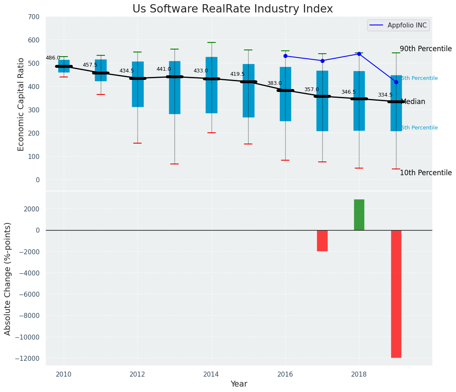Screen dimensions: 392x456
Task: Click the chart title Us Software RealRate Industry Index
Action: [x=232, y=9]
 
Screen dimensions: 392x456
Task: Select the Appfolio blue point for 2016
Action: [x=285, y=56]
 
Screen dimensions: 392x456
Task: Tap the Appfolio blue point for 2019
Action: [x=396, y=82]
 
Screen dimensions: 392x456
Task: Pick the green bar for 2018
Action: [x=359, y=215]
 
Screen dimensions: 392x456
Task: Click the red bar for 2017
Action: [x=322, y=241]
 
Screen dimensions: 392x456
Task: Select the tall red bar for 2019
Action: [x=396, y=294]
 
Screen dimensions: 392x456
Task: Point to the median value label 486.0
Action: [x=53, y=58]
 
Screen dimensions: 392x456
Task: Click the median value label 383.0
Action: [x=274, y=83]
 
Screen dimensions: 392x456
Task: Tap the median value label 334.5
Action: [x=385, y=95]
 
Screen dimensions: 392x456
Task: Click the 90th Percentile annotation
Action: [x=426, y=49]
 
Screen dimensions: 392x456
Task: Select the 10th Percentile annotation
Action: [x=426, y=173]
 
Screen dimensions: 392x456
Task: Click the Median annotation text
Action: [x=413, y=102]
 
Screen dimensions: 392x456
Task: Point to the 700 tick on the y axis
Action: [x=33, y=17]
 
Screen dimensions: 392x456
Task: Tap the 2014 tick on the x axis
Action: [x=212, y=375]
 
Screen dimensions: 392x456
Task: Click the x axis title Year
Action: [x=239, y=384]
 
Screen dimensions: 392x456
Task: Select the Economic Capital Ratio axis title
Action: [x=21, y=104]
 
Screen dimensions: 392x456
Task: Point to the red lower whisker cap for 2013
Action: [x=174, y=164]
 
